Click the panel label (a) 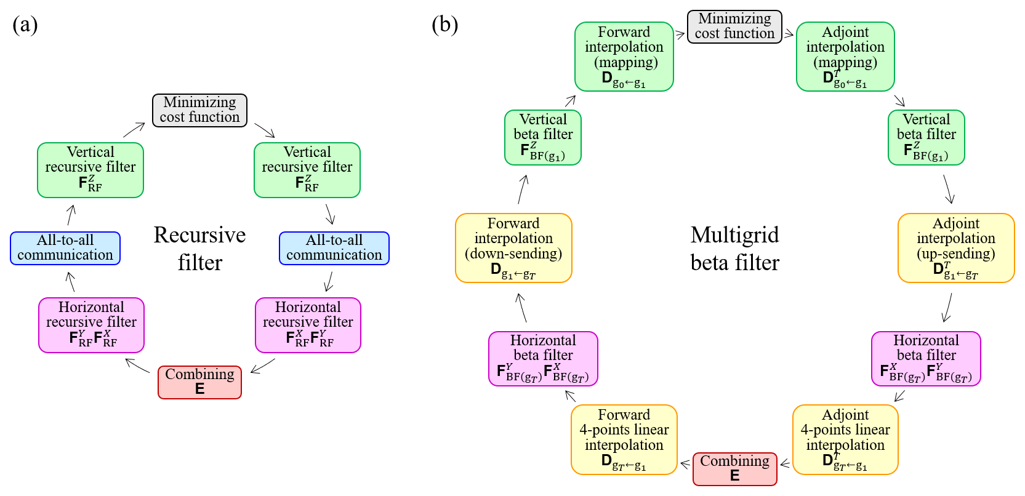25,25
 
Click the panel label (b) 444,25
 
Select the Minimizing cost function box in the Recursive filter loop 199,110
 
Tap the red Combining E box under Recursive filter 199,382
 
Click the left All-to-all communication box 65,248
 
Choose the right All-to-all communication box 334,248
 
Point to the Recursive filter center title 199,249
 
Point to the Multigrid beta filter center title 734,249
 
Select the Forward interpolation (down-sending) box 513,248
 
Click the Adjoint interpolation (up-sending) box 955,248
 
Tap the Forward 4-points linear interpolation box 624,439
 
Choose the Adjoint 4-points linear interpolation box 845,439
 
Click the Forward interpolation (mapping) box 624,57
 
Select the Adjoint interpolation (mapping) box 845,57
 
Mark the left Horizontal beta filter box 543,359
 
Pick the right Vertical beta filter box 926,137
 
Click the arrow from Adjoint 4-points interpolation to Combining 785,464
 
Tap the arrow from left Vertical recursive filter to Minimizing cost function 134,130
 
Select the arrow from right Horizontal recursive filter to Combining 263,366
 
